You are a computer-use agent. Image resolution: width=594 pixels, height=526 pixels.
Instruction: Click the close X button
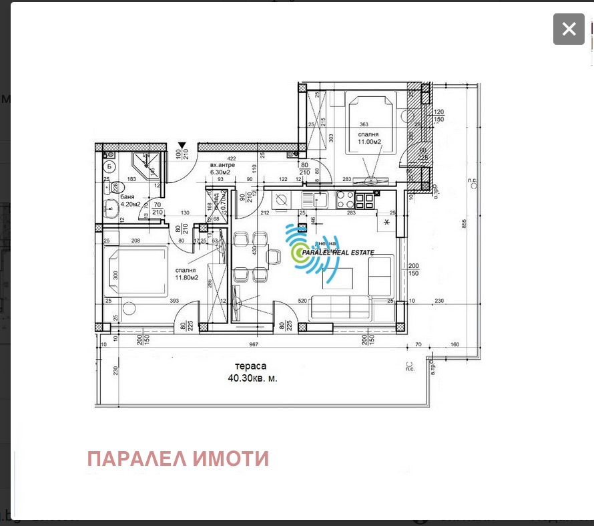[x=569, y=29]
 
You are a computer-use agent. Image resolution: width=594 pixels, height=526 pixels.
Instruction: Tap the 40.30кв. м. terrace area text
[x=252, y=378]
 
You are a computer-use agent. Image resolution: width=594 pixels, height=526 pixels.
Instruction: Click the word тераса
[x=250, y=366]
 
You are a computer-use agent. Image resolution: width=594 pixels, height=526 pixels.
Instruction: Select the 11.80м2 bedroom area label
[x=188, y=277]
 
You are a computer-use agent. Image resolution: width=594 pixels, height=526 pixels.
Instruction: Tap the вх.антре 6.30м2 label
[x=220, y=168]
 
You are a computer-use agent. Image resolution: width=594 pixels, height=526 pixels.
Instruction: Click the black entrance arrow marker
[x=182, y=146]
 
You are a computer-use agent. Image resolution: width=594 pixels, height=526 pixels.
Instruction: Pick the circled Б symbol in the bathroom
[x=109, y=166]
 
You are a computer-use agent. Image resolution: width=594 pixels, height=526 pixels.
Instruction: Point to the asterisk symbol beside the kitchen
[x=386, y=223]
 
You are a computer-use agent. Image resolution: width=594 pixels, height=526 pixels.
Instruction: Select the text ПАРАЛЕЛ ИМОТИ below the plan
[x=178, y=459]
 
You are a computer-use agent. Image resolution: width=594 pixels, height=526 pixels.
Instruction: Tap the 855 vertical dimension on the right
[x=464, y=224]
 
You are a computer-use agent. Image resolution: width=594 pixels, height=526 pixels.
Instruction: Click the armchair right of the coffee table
[x=380, y=275]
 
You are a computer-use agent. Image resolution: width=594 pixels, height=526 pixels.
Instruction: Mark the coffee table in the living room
[x=338, y=275]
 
